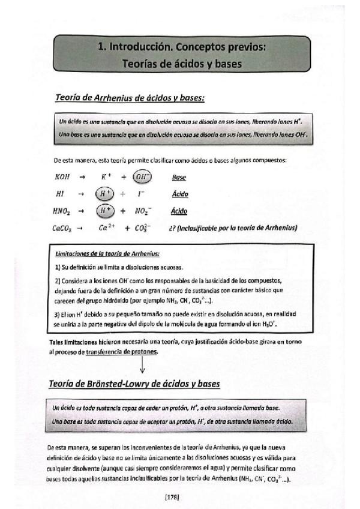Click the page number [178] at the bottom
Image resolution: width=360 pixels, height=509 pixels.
pos(171,496)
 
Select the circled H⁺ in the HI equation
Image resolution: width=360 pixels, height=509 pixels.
pos(105,194)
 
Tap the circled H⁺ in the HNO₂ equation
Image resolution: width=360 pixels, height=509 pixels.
pos(105,211)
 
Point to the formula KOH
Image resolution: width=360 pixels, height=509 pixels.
pos(62,178)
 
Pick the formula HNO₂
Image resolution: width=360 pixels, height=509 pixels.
pos(63,211)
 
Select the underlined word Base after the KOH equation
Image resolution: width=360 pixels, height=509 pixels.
pos(178,178)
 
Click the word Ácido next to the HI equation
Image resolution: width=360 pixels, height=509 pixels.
pos(179,194)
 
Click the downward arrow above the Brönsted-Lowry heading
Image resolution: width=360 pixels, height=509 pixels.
pos(143,363)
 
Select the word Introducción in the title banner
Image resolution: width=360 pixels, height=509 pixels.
pos(139,46)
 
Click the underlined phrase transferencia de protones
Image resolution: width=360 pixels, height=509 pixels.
pos(122,352)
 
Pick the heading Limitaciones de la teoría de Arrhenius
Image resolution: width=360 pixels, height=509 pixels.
pos(107,254)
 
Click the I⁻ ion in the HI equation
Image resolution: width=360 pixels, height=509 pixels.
pos(141,194)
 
